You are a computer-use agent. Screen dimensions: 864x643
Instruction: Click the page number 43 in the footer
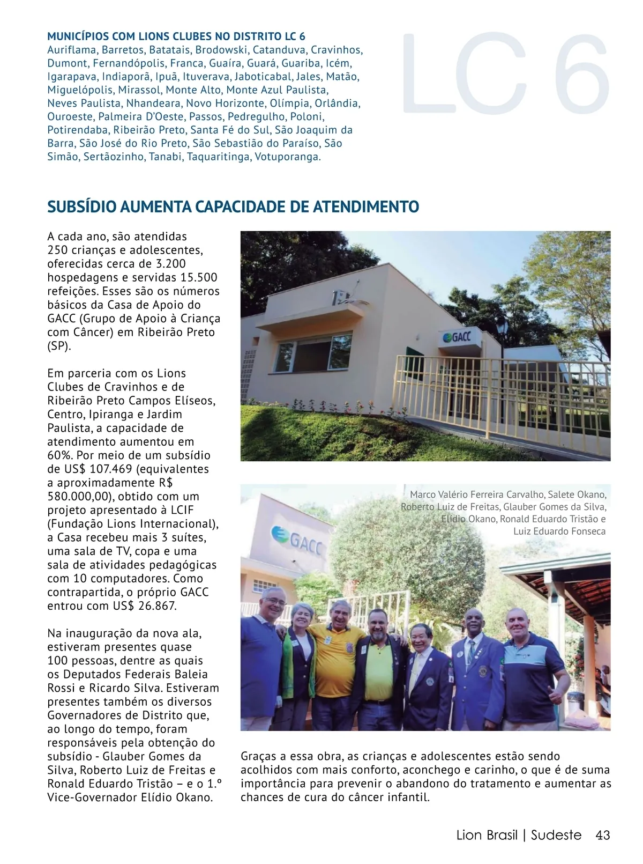(602, 835)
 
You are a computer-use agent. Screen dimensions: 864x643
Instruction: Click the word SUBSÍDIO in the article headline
(81, 206)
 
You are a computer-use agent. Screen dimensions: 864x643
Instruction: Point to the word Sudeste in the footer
(556, 835)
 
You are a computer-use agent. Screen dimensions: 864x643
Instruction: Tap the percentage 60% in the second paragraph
(59, 455)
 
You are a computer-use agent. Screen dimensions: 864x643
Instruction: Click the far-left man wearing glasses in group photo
(266, 660)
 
